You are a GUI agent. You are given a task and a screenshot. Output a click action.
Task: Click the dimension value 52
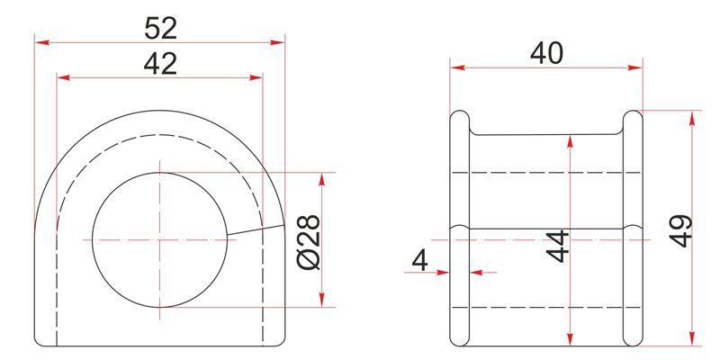[160, 28]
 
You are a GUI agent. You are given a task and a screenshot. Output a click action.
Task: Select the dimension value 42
[160, 64]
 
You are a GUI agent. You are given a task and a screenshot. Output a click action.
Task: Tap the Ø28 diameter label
[309, 241]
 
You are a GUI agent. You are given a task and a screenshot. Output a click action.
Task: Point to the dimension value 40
[546, 53]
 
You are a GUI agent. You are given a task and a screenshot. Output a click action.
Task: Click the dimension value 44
[558, 246]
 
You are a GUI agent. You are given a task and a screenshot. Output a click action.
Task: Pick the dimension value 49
[680, 230]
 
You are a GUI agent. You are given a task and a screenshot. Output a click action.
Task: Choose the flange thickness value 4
[419, 262]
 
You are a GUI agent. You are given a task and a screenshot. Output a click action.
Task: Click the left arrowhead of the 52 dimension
[41, 42]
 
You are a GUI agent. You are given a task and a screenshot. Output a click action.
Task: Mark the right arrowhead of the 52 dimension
[278, 42]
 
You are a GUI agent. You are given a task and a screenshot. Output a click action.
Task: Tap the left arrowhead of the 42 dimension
[63, 77]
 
